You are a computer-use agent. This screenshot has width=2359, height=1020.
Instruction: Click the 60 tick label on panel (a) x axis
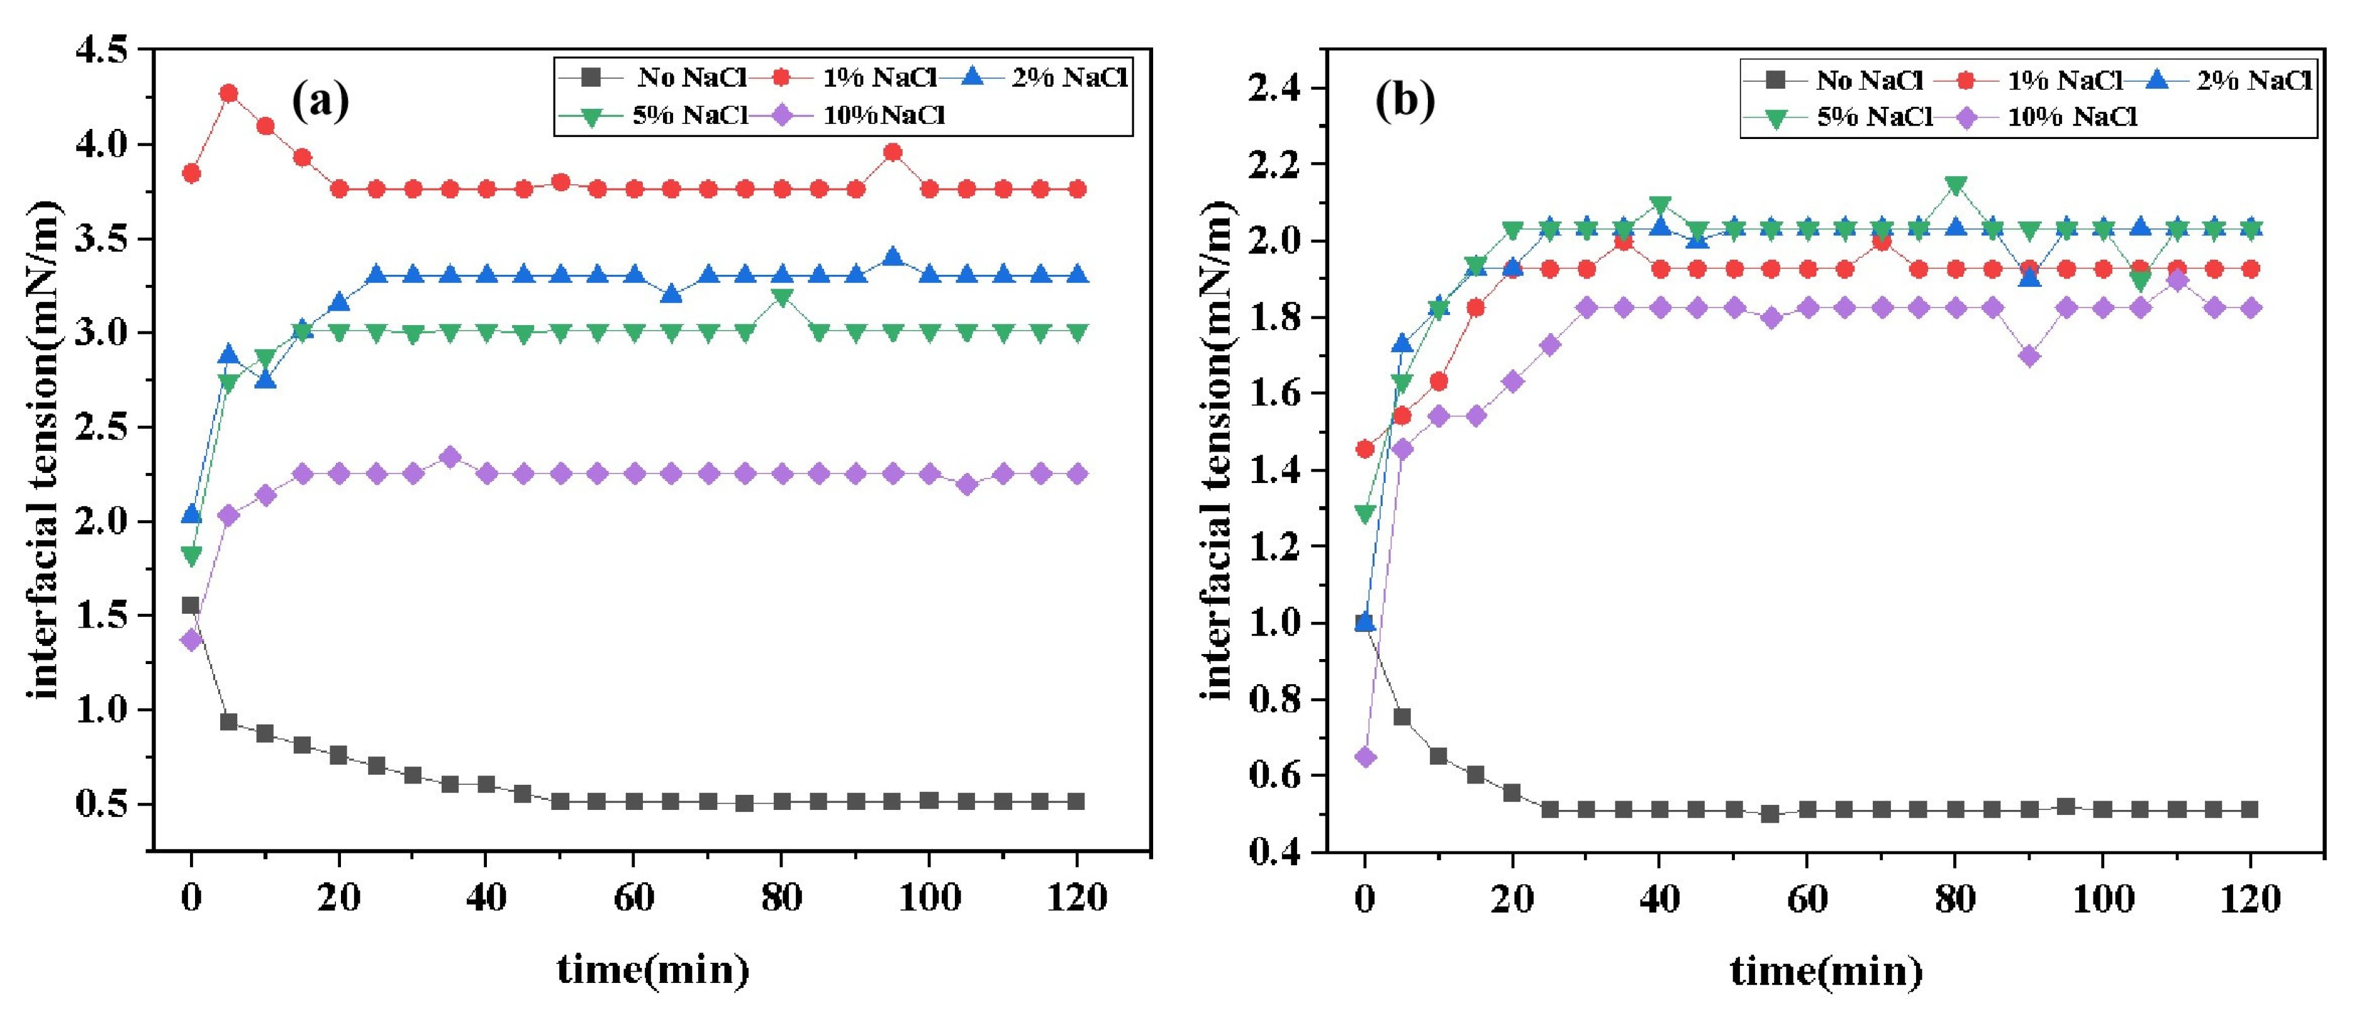point(633,898)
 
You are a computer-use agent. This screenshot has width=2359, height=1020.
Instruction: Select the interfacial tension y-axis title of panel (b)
point(1217,452)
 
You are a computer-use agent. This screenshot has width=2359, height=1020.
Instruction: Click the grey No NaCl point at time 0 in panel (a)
point(191,605)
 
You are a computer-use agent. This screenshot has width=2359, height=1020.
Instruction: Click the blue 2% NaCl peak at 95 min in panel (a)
point(893,257)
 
